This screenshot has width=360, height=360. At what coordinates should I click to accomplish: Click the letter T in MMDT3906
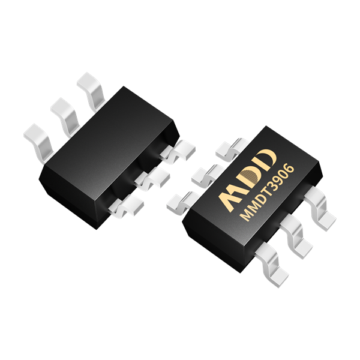pos(264,194)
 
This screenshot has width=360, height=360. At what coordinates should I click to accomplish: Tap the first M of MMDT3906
pos(245,215)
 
